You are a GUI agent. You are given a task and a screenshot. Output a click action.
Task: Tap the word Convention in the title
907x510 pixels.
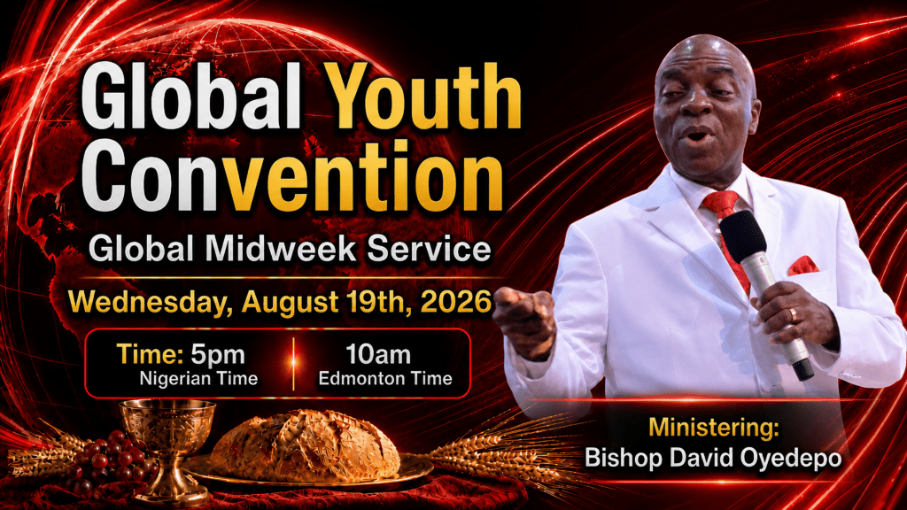point(292,176)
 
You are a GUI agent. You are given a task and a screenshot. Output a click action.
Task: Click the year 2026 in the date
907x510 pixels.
point(456,302)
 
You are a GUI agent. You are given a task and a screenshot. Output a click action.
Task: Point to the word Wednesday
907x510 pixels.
point(146,303)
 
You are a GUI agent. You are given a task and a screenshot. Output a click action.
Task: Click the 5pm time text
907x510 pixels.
point(218,354)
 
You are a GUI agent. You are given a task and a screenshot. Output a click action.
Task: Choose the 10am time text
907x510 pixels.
point(378,354)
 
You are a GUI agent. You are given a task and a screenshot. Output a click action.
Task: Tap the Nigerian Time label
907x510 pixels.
point(198,379)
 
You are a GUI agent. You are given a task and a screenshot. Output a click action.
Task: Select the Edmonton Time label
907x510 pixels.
point(385,379)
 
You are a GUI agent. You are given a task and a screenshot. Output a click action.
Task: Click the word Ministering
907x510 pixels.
point(713,428)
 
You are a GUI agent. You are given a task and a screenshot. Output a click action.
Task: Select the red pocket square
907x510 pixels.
point(803,266)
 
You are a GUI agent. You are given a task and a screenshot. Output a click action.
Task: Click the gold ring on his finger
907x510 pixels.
point(793,315)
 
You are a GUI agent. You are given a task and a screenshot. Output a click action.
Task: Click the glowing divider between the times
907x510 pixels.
point(294,363)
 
